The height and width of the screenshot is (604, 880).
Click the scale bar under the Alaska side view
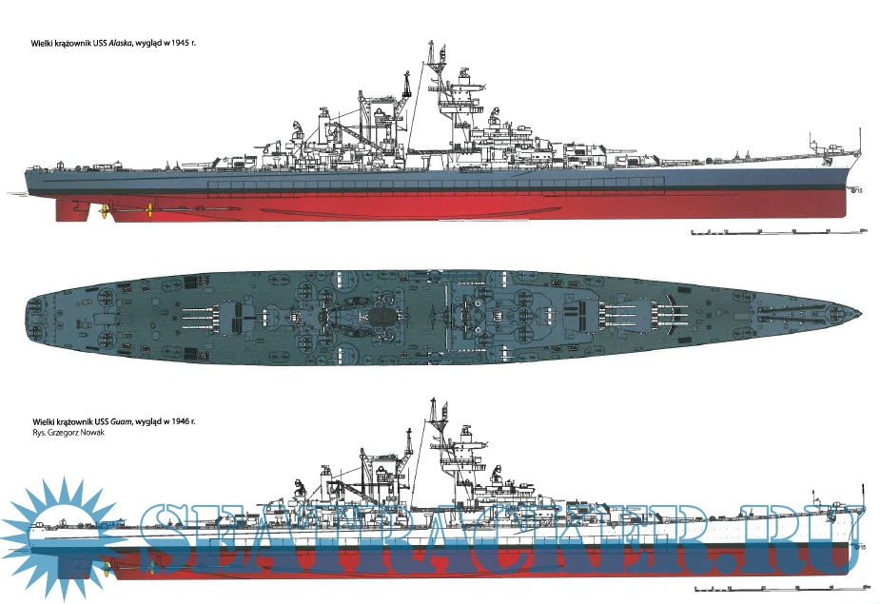pos(775,231)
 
